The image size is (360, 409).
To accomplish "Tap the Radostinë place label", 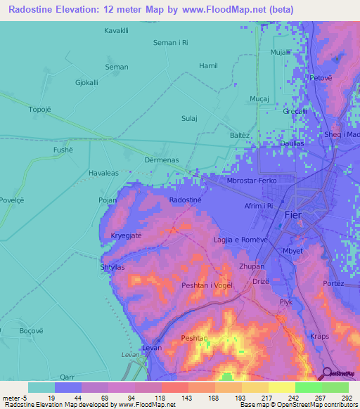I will (186, 200).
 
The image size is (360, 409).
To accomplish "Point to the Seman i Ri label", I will (171, 43).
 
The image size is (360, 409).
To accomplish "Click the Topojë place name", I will (21, 110).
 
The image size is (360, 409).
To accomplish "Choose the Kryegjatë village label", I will (126, 235).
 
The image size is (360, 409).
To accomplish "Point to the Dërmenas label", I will (162, 160).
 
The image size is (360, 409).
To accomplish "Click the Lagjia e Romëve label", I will (242, 240).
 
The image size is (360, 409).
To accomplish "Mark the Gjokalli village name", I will (86, 83).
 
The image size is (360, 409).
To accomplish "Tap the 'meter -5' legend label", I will (14, 397).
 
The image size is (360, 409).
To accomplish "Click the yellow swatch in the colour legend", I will (281, 387).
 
